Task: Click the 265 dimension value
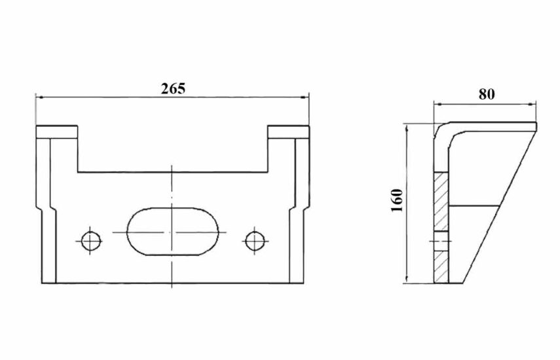pyautogui.click(x=173, y=88)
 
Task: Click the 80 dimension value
pyautogui.click(x=487, y=94)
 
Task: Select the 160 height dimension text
pyautogui.click(x=397, y=200)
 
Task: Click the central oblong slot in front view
pyautogui.click(x=172, y=232)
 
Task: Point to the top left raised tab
pyautogui.click(x=57, y=132)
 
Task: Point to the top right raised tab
pyautogui.click(x=288, y=132)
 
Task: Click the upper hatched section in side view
pyautogui.click(x=441, y=202)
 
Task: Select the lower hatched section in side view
pyautogui.click(x=441, y=267)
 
